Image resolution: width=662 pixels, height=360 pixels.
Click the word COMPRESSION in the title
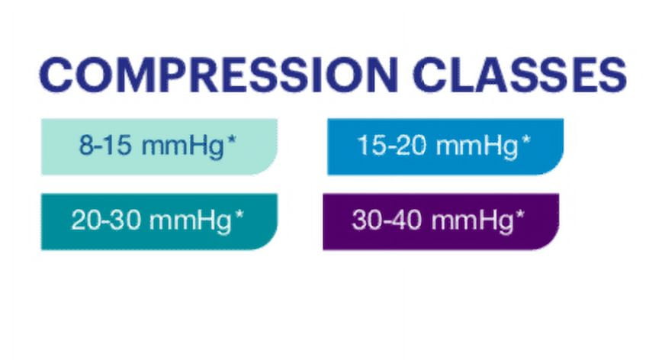(219, 75)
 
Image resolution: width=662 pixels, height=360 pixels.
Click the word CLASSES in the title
(519, 75)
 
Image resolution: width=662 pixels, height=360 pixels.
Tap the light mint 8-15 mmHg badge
(159, 146)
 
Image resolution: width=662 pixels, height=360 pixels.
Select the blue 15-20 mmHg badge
(445, 146)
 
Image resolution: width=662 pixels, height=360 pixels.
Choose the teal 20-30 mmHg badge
(159, 222)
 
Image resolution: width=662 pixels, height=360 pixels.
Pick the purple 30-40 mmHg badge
(441, 222)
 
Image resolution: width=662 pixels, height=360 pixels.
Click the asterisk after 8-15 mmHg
(231, 140)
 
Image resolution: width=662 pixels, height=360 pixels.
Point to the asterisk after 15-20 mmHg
(525, 140)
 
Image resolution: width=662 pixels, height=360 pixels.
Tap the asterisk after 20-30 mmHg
(239, 214)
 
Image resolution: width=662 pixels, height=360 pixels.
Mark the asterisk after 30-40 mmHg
(520, 214)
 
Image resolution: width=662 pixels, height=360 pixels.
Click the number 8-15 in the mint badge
(105, 145)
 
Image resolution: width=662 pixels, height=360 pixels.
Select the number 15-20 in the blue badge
(392, 145)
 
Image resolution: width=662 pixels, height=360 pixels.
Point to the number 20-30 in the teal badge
(105, 220)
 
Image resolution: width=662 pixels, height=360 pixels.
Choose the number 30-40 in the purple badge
(387, 220)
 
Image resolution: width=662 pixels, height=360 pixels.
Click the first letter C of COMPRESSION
(56, 75)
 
